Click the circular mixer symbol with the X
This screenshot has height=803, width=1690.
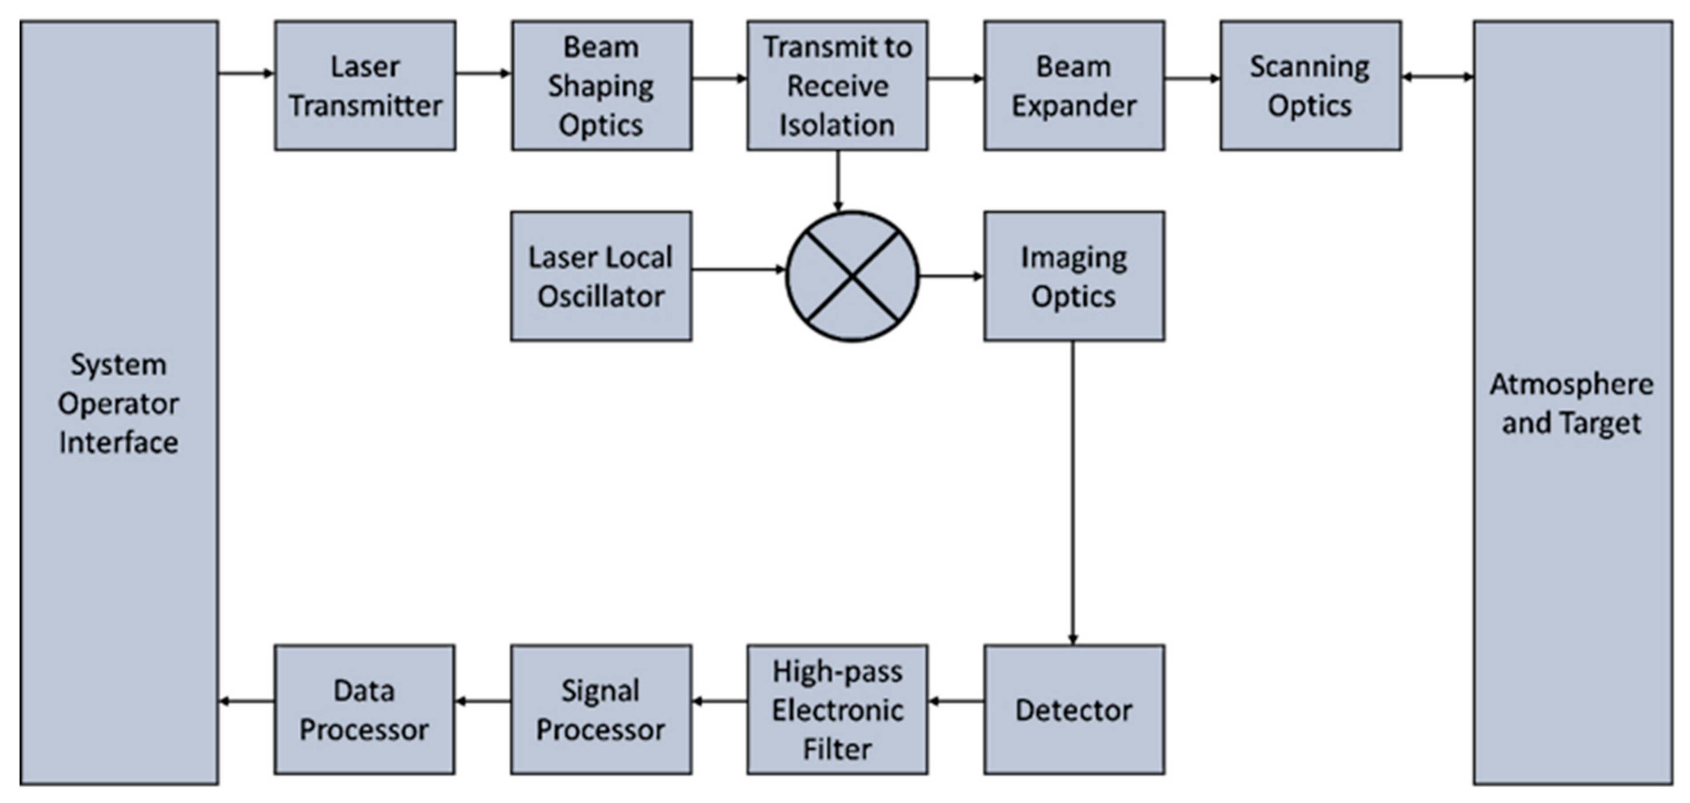[852, 276]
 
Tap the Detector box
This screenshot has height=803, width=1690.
[1074, 709]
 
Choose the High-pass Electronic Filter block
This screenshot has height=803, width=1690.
[837, 709]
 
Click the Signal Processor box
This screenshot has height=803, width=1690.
[601, 709]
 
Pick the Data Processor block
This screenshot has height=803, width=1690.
[364, 709]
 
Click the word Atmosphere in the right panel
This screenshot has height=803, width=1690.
[1571, 385]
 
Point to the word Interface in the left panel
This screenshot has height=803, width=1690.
[119, 442]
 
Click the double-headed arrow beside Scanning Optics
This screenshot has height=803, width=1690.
[1437, 77]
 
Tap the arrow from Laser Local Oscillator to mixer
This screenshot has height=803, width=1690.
[738, 269]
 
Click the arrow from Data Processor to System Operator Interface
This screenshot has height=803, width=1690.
[247, 701]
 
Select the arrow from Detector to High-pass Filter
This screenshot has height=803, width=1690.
[956, 701]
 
